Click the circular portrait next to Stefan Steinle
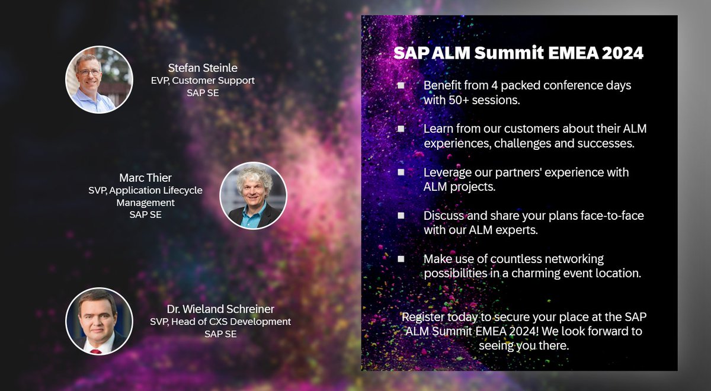(x=99, y=79)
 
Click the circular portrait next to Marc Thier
(x=253, y=195)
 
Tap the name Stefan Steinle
(x=203, y=68)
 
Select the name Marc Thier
(x=145, y=178)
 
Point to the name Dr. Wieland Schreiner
(x=220, y=309)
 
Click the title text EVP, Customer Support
(x=203, y=81)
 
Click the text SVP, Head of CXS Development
(x=220, y=322)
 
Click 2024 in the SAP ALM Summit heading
(x=622, y=53)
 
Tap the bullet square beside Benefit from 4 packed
(x=401, y=85)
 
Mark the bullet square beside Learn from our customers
(x=401, y=129)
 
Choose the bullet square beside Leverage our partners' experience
(x=401, y=172)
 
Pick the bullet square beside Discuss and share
(x=401, y=216)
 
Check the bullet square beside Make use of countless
(x=401, y=259)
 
